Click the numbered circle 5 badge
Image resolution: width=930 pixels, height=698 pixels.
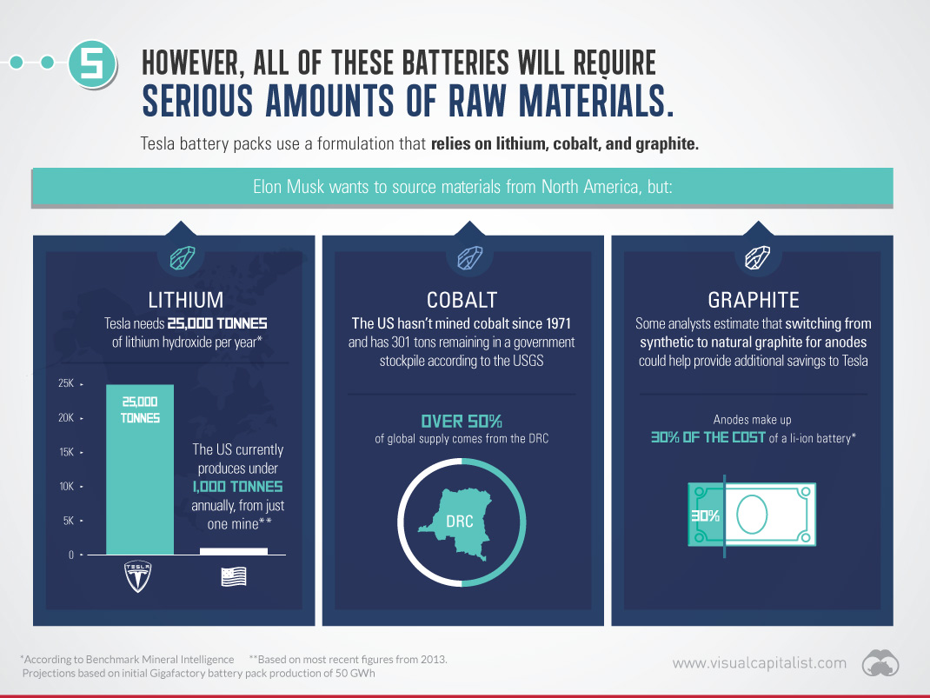(x=92, y=63)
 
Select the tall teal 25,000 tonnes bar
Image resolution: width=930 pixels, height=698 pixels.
(x=140, y=469)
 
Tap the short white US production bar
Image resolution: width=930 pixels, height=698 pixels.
(x=234, y=551)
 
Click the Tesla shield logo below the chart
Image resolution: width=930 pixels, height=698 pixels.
(x=137, y=576)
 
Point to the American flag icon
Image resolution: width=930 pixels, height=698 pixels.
(x=234, y=576)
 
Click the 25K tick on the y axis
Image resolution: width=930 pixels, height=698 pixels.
(x=66, y=383)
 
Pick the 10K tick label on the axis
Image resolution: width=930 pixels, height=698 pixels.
(x=66, y=486)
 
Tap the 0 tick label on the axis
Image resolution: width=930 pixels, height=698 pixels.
(x=71, y=555)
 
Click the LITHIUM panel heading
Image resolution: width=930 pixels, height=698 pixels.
(x=186, y=300)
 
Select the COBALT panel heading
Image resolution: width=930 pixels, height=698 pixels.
(x=462, y=300)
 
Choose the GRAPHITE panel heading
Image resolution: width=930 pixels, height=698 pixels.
(x=754, y=300)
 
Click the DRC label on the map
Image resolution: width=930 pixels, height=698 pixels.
(x=460, y=522)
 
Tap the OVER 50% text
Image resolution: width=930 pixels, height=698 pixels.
(x=462, y=422)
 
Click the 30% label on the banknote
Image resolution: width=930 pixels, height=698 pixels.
(x=705, y=516)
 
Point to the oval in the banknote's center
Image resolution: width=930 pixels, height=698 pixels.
(x=752, y=515)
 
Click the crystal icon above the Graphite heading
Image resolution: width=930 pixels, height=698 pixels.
(x=757, y=258)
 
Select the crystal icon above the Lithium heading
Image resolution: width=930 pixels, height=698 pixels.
(x=182, y=258)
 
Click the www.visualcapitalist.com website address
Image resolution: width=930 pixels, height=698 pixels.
(x=759, y=663)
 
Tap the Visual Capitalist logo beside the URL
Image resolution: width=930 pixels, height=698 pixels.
(x=880, y=663)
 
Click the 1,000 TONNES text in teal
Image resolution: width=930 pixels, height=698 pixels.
(x=237, y=487)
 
